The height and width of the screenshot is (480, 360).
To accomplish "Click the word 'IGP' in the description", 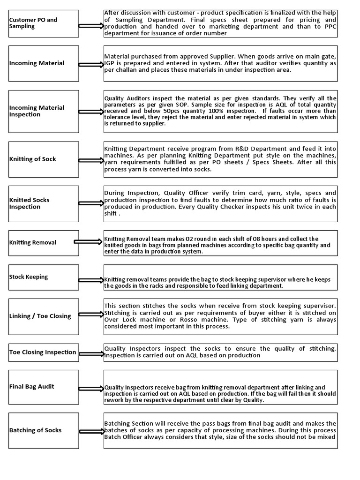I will [110, 63].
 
